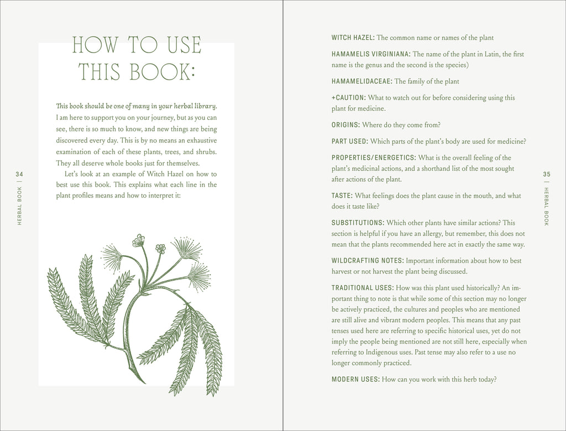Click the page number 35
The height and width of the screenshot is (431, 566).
(x=547, y=175)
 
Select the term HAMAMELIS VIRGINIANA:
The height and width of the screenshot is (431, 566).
(x=371, y=54)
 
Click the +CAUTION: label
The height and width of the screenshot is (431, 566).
(x=348, y=97)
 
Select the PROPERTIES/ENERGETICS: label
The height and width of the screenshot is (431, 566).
(x=374, y=157)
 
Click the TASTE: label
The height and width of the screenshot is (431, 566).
(x=342, y=196)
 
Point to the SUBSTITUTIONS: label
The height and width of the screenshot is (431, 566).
(x=358, y=223)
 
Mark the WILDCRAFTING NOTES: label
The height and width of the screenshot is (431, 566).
(x=368, y=260)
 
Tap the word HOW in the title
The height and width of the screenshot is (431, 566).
(x=92, y=45)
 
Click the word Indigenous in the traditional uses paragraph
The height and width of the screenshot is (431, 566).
(x=396, y=352)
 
